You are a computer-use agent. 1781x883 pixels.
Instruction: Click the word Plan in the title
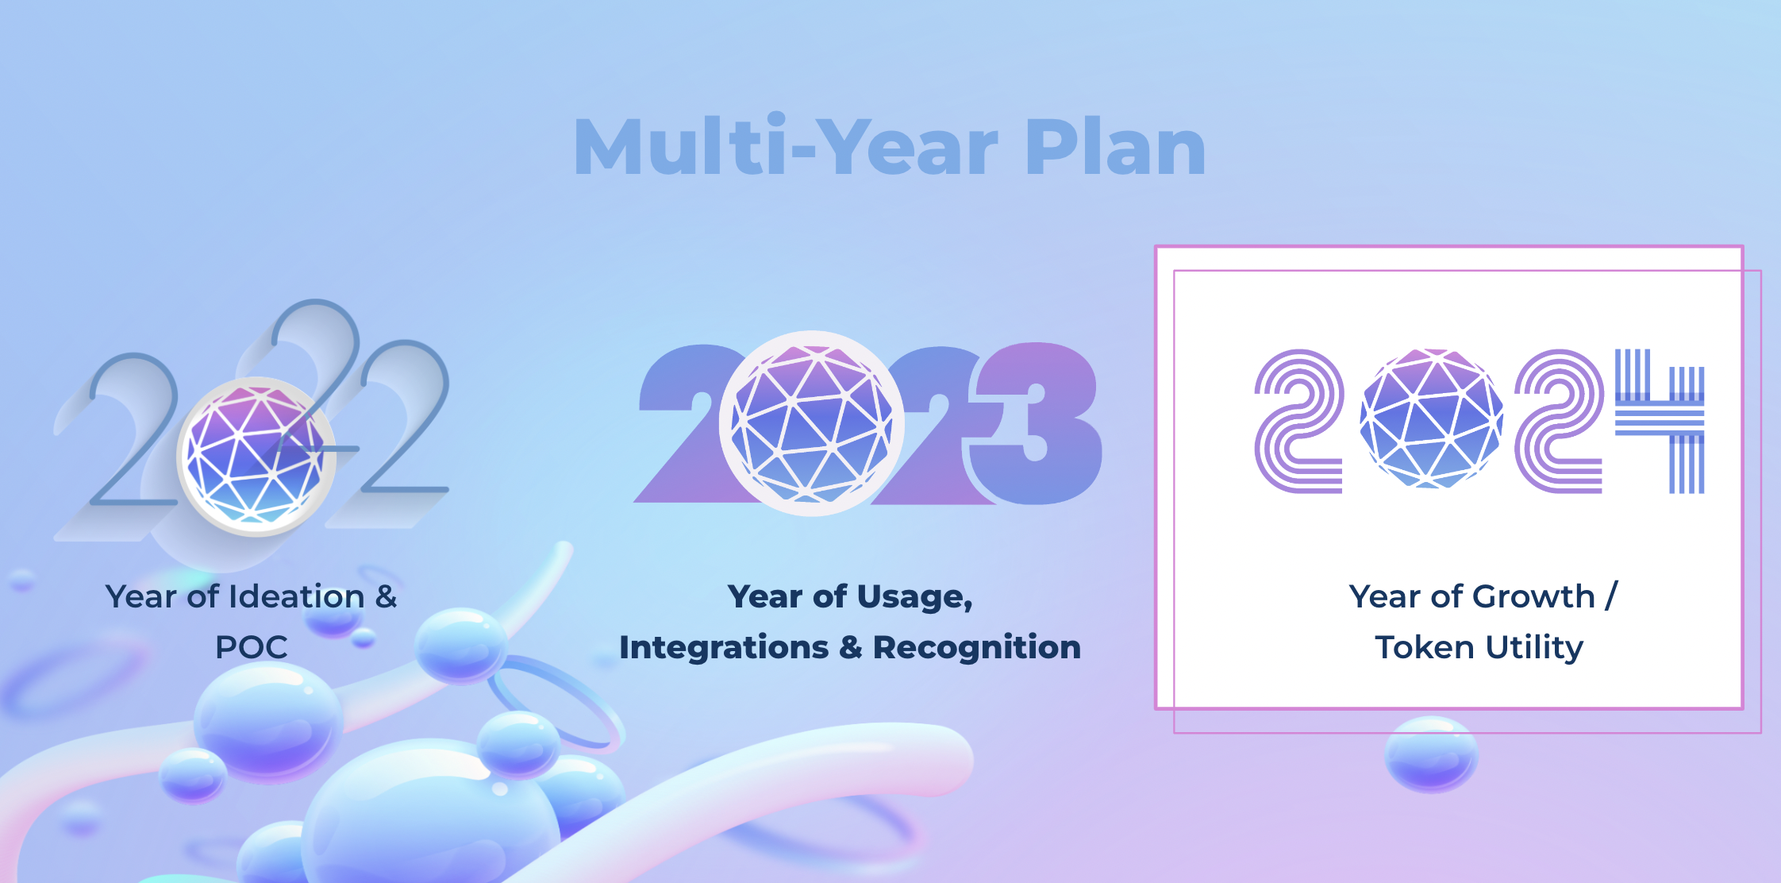point(1115,148)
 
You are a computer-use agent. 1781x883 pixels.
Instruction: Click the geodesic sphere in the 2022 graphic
point(256,457)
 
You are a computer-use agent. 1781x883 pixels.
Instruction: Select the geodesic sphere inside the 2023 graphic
point(812,424)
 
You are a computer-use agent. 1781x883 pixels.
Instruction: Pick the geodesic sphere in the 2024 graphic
point(1431,418)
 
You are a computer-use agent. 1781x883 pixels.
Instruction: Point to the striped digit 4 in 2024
point(1660,421)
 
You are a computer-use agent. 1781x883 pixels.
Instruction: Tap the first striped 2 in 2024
point(1299,422)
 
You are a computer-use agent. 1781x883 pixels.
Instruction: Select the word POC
point(252,647)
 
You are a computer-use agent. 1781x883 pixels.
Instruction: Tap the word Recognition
point(977,648)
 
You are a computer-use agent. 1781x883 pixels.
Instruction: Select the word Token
point(1425,647)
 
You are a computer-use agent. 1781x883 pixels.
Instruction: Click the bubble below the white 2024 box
point(1431,754)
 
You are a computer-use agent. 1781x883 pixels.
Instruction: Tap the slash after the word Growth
point(1610,596)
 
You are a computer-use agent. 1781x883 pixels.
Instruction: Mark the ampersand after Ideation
point(386,596)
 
